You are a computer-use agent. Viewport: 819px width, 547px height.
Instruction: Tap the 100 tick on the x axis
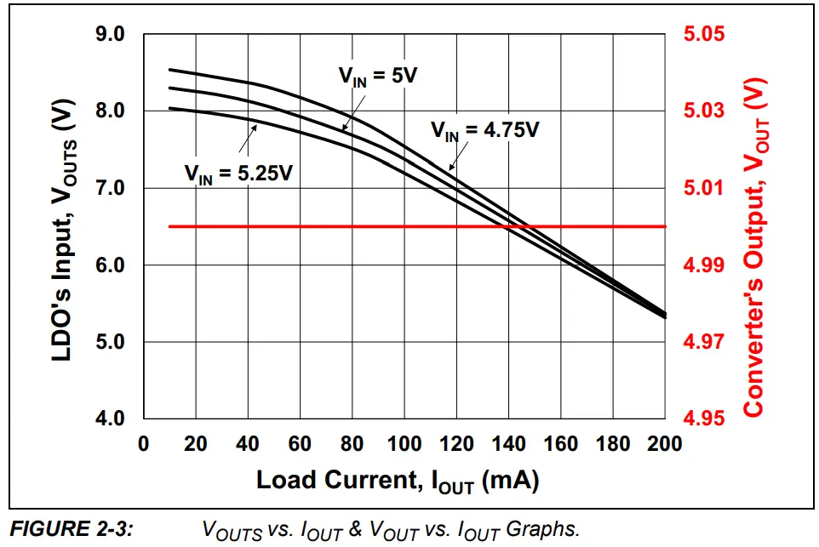[x=404, y=444]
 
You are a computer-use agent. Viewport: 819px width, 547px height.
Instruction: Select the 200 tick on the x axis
[x=664, y=444]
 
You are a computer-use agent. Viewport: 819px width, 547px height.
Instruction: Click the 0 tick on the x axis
[x=143, y=444]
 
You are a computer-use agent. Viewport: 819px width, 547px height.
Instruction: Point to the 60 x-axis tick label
[x=300, y=444]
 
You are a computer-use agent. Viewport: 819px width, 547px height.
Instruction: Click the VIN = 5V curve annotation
[x=378, y=75]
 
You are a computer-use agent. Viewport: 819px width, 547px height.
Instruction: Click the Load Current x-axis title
[x=398, y=481]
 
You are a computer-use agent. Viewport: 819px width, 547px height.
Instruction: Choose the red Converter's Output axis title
[x=755, y=247]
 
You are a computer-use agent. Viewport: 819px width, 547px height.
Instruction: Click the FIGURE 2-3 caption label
[x=71, y=529]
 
